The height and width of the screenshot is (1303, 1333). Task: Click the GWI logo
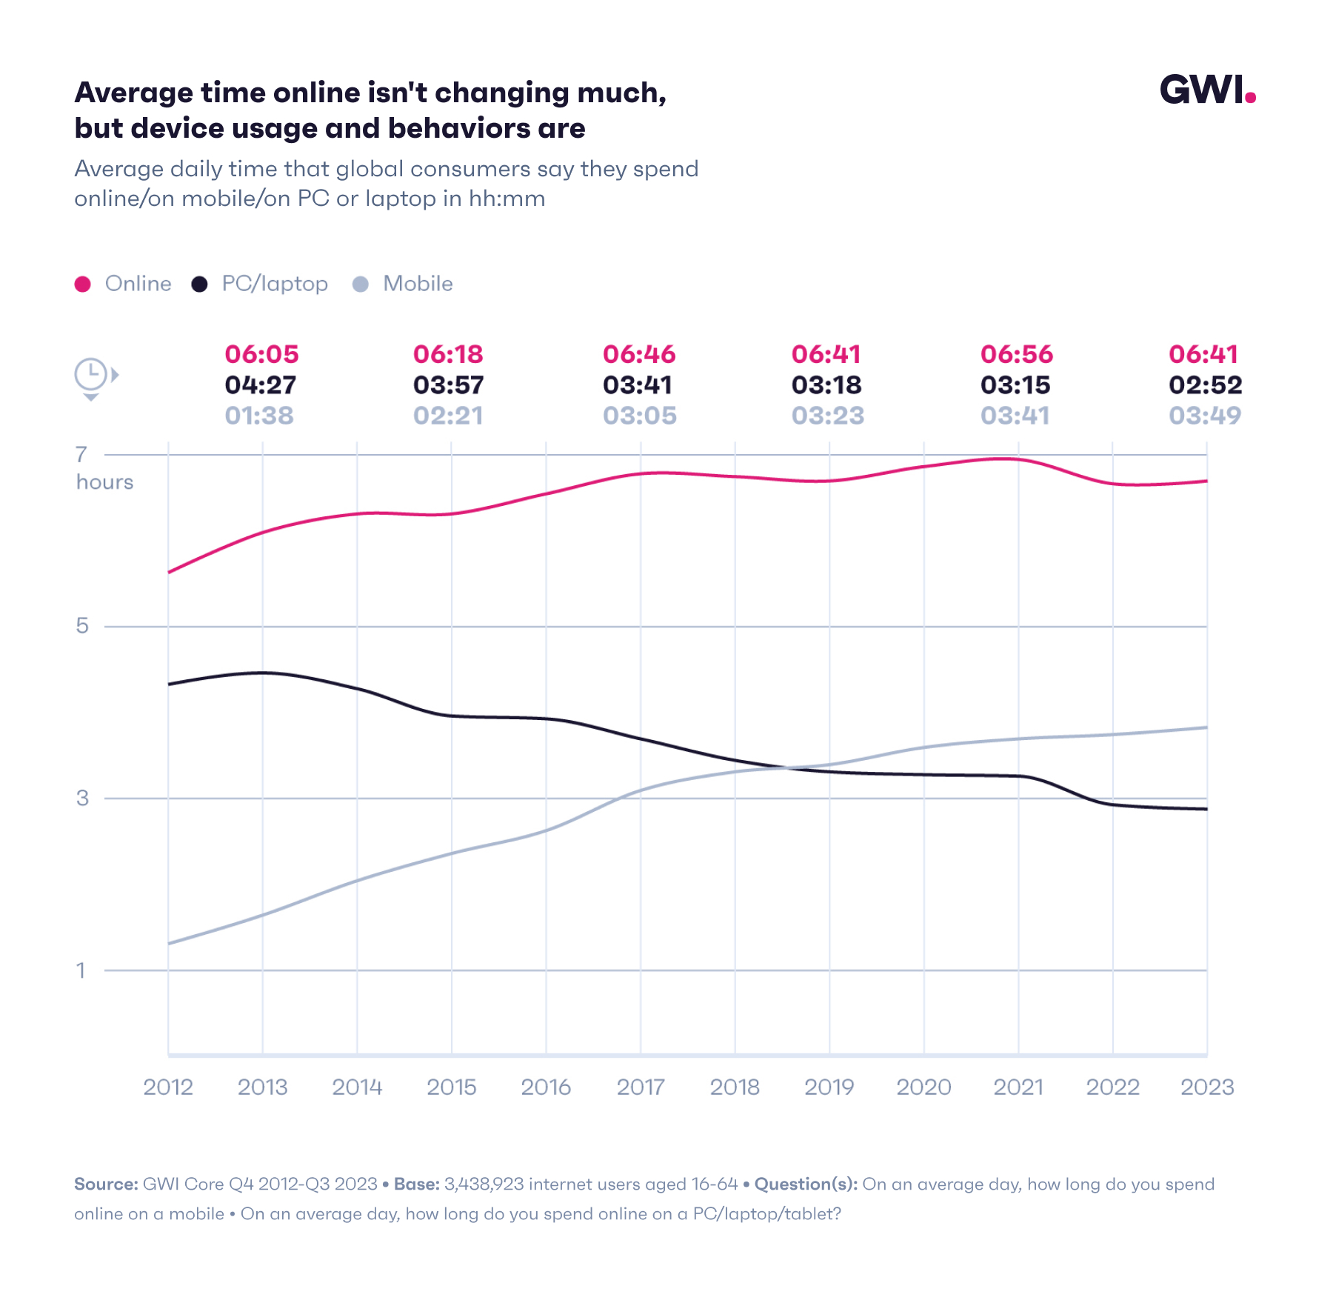pyautogui.click(x=1206, y=90)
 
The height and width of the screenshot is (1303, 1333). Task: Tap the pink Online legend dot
pyautogui.click(x=83, y=284)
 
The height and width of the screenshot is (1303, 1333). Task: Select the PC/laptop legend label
pyautogui.click(x=275, y=284)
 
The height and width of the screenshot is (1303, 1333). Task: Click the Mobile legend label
pyautogui.click(x=418, y=284)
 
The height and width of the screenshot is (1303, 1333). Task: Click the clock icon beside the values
pyautogui.click(x=93, y=376)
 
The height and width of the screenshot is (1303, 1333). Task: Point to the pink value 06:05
pyautogui.click(x=261, y=355)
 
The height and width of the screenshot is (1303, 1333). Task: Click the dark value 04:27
pyautogui.click(x=261, y=385)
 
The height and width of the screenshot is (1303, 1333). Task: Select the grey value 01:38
pyautogui.click(x=259, y=416)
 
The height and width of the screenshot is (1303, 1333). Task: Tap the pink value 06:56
pyautogui.click(x=1016, y=355)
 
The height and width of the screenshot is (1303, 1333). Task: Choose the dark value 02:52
pyautogui.click(x=1205, y=385)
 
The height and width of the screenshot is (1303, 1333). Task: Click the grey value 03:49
pyautogui.click(x=1205, y=416)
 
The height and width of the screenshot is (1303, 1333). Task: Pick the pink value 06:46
pyautogui.click(x=639, y=355)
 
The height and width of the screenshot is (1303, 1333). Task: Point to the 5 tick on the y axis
pyautogui.click(x=82, y=626)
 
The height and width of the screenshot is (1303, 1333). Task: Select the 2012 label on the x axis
pyautogui.click(x=168, y=1087)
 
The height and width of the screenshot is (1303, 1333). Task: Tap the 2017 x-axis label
pyautogui.click(x=641, y=1087)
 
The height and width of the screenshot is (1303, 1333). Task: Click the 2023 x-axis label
pyautogui.click(x=1207, y=1087)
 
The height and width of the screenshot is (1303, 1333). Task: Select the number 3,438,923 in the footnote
pyautogui.click(x=484, y=1184)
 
